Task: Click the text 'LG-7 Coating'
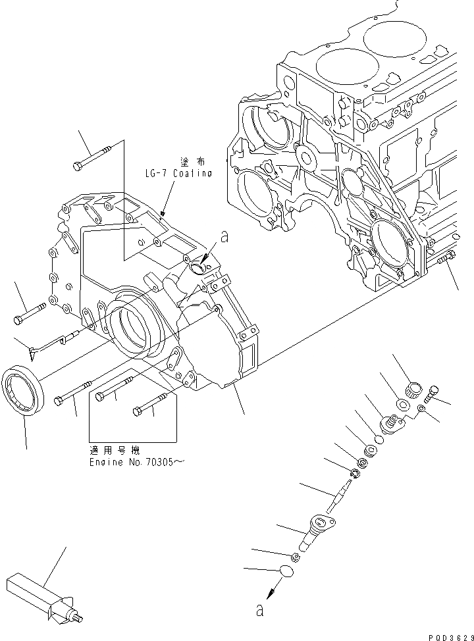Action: click(178, 174)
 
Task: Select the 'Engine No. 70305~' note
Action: click(136, 462)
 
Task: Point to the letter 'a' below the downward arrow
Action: click(260, 611)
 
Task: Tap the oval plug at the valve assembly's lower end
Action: click(286, 573)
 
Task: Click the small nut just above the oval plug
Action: click(296, 557)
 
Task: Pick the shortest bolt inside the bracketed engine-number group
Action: click(153, 403)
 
